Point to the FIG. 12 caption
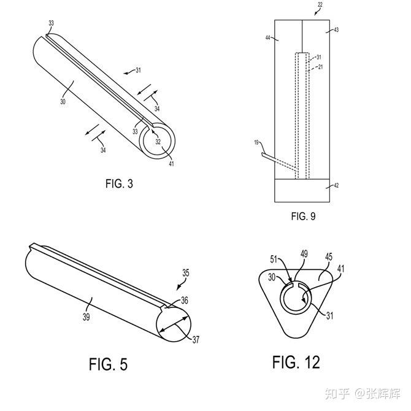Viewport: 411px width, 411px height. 296,362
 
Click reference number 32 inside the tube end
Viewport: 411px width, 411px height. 158,142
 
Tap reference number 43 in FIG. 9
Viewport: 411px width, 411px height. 335,30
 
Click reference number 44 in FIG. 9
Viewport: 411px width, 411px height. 269,38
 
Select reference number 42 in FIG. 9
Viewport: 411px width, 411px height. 336,184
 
